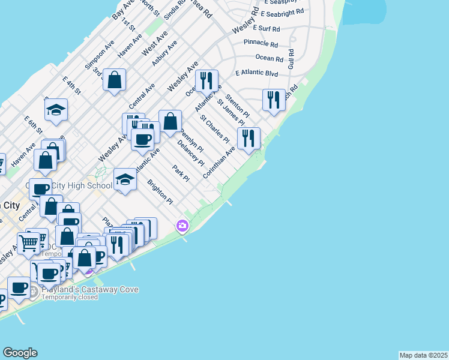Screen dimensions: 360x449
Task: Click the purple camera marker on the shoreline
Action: coord(181,226)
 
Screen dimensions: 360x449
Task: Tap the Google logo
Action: coord(20,353)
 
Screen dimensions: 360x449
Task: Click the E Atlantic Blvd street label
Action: coord(256,73)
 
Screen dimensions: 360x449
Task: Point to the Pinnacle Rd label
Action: coord(261,44)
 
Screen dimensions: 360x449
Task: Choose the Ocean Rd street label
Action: coord(269,58)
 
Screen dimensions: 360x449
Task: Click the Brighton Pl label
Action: coord(161,192)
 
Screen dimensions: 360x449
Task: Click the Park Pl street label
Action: coord(180,174)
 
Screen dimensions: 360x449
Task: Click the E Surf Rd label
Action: coord(267,28)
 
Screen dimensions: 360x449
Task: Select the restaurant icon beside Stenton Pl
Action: coord(274,100)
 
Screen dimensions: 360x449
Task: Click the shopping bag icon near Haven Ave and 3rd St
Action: coord(114,80)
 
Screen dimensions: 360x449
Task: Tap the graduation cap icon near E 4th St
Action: coord(56,109)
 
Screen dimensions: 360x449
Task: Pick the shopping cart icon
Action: coord(28,242)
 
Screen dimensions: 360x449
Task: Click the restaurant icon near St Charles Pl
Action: coord(249,138)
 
